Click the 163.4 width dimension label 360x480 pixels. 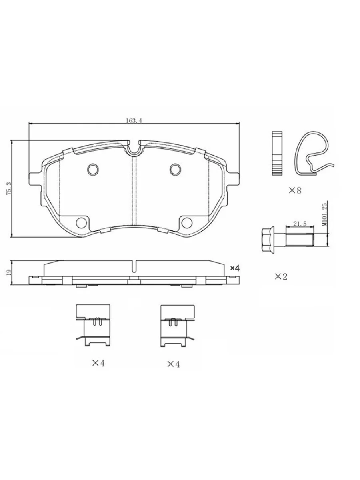(x=134, y=120)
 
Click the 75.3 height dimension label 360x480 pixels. (x=9, y=189)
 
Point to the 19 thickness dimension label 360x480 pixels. (x=9, y=272)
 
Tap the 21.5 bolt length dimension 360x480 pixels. (x=300, y=224)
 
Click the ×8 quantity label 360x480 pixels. (x=295, y=190)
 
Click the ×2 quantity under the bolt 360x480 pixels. (x=281, y=277)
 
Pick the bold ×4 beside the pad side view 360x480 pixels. (x=235, y=268)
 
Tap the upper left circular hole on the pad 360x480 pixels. (x=93, y=169)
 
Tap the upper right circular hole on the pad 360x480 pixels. (x=176, y=169)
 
